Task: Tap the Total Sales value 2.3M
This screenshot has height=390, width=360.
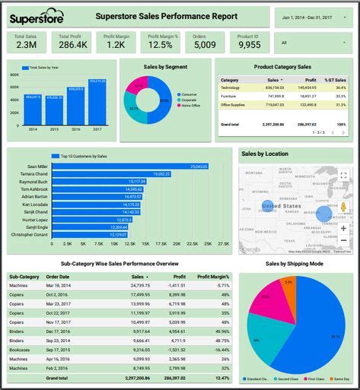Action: coord(25,44)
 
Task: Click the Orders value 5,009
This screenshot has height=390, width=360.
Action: coord(205,44)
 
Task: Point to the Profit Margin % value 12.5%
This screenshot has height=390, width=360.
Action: coord(160,44)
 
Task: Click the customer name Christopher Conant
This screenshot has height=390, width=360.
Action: coord(28,234)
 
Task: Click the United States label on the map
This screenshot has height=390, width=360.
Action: coord(282,205)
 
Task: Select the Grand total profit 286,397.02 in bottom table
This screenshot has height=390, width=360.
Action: coord(174,377)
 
